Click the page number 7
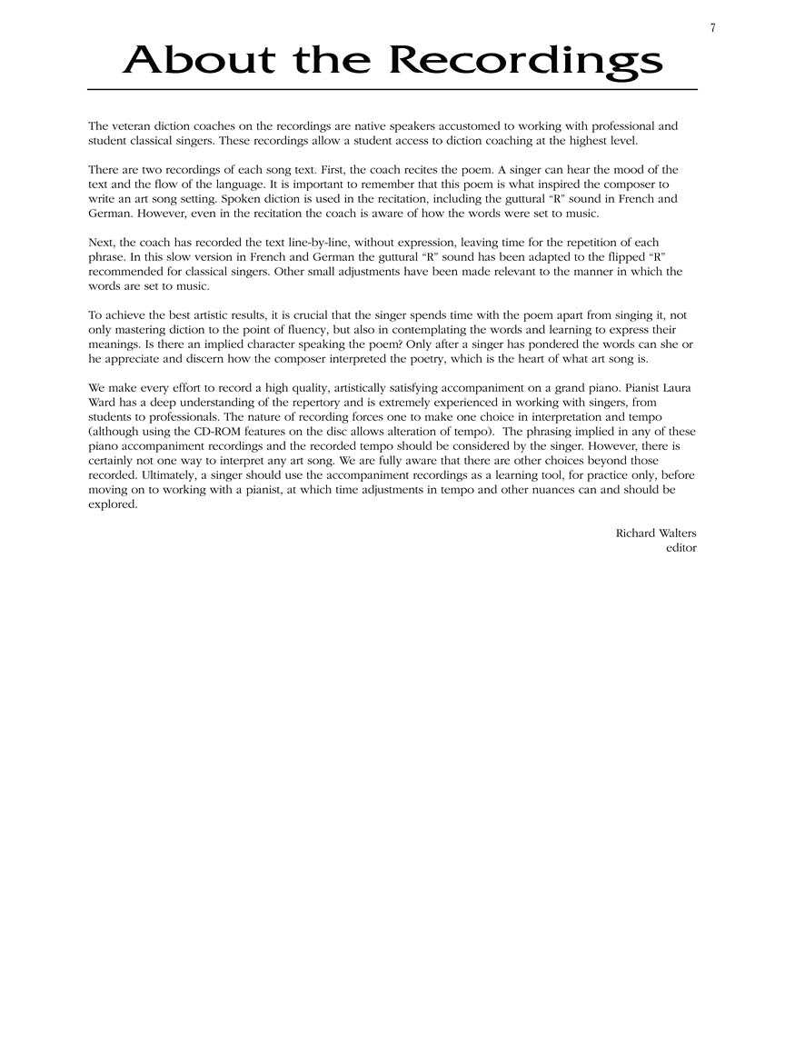pos(713,28)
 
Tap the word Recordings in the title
pos(526,63)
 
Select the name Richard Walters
pos(656,533)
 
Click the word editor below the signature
pos(681,548)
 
